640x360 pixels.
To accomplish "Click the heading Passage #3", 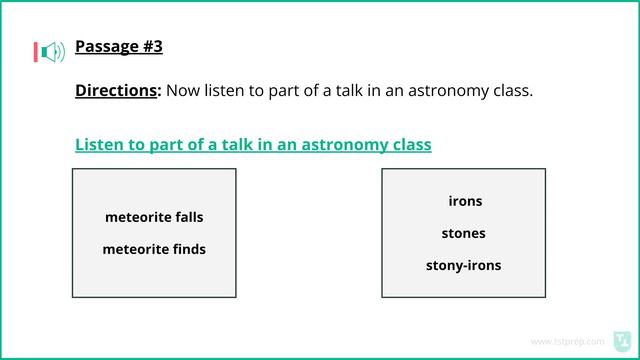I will [118, 46].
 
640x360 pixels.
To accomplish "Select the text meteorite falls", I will [154, 217].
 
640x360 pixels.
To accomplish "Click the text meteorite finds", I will [154, 249].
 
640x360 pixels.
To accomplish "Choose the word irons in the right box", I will [465, 201].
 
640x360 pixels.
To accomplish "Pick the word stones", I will [463, 233].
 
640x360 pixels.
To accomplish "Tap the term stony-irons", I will [463, 265].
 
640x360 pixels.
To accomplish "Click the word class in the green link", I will [410, 144].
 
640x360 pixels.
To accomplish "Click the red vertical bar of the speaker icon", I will [35, 51].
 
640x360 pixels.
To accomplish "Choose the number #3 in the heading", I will [151, 46].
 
